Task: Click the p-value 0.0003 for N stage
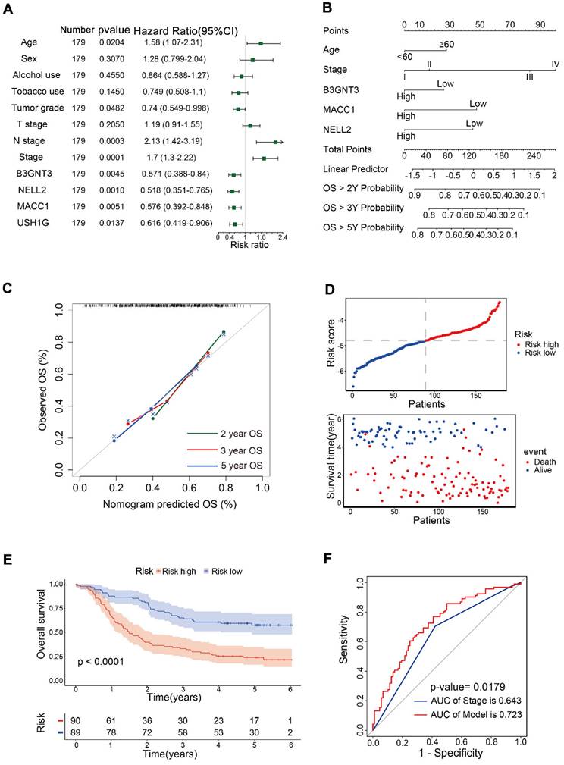pyautogui.click(x=111, y=141)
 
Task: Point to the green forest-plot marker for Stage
pyautogui.click(x=264, y=158)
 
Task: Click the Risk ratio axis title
pyautogui.click(x=249, y=246)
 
